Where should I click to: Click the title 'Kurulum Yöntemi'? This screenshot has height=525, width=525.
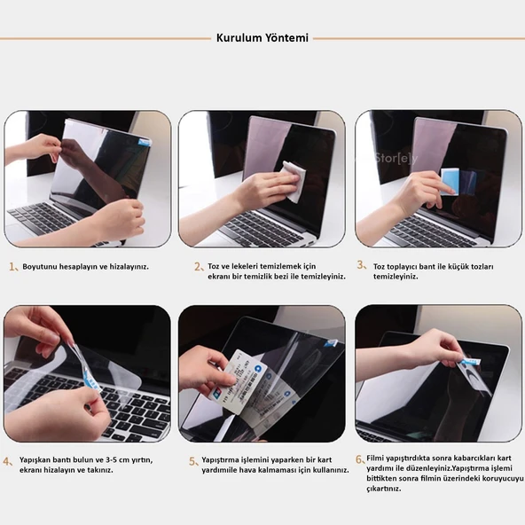[262, 38]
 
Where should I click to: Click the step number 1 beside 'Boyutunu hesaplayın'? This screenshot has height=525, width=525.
[12, 266]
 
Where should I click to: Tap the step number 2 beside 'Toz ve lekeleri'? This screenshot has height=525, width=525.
[198, 266]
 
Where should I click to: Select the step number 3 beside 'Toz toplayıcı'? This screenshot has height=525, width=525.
[360, 264]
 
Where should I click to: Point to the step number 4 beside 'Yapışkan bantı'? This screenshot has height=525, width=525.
[8, 461]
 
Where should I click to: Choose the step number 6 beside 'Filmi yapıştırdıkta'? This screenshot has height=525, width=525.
[359, 458]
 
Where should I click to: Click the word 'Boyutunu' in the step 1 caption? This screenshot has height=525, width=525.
[41, 266]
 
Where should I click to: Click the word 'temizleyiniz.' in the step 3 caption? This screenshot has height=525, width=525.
[395, 276]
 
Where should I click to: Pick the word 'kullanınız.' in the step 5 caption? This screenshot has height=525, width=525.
[325, 471]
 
